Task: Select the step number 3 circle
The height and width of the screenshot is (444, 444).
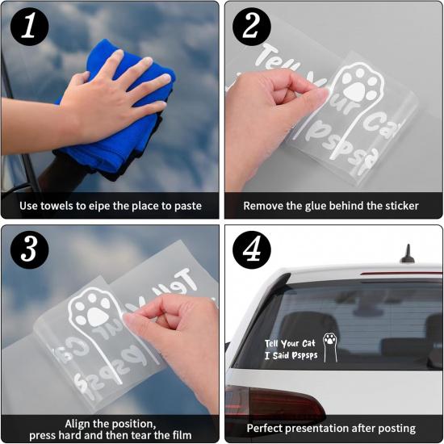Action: (x=29, y=250)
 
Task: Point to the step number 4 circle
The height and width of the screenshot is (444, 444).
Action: (x=251, y=250)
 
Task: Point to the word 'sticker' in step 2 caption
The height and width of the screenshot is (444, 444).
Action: (x=399, y=206)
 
